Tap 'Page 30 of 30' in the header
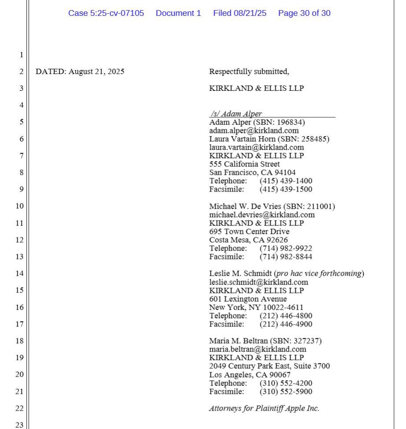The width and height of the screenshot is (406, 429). [x=304, y=13]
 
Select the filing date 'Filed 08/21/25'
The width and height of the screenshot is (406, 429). [x=240, y=13]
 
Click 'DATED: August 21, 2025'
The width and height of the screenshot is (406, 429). [x=80, y=71]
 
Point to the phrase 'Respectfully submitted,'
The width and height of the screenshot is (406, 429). [x=249, y=71]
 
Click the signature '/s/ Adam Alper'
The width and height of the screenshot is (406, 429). [x=236, y=114]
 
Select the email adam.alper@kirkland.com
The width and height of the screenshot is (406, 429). [x=254, y=130]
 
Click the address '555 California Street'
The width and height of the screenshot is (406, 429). [x=244, y=164]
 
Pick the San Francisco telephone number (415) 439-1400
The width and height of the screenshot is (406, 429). [x=286, y=181]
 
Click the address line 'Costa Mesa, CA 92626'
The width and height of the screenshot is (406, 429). [x=248, y=240]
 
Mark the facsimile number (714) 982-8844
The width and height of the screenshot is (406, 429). [x=286, y=257]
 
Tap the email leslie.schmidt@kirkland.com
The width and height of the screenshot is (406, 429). [x=258, y=282]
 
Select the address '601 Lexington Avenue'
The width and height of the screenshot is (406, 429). [x=248, y=299]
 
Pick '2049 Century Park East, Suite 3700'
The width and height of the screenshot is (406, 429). [x=269, y=366]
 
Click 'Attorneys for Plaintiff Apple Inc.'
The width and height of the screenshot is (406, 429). [x=264, y=408]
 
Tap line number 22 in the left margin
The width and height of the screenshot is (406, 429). [x=19, y=408]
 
